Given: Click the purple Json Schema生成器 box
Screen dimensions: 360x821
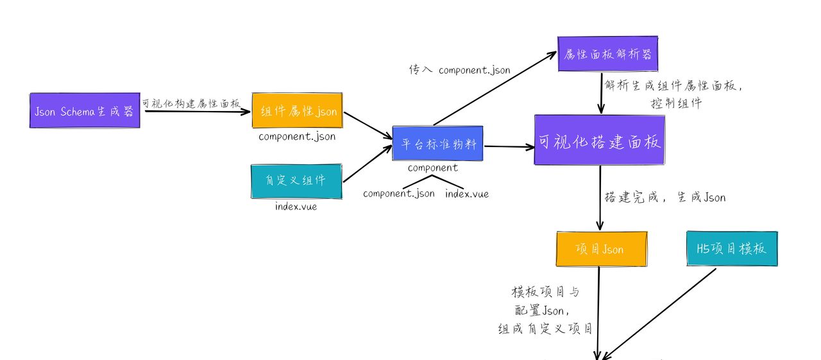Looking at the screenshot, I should (85, 110).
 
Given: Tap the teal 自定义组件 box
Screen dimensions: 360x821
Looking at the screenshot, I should (296, 180).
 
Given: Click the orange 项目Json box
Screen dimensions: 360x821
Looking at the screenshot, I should (599, 248).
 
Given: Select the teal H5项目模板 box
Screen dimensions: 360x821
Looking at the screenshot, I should (731, 248).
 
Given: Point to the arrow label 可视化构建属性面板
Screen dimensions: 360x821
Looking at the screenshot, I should (191, 103).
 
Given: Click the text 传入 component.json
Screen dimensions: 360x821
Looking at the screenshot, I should (459, 70).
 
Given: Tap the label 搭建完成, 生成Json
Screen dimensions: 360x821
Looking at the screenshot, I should (664, 197).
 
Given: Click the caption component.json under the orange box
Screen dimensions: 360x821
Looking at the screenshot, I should (297, 137).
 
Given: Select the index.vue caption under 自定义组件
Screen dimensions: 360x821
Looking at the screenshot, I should (296, 207).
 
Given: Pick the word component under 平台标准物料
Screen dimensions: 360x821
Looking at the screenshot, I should (433, 168).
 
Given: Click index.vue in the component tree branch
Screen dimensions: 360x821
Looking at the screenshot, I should (467, 194).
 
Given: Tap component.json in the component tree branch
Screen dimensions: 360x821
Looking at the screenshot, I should (398, 194).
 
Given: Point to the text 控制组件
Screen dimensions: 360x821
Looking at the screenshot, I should (675, 102).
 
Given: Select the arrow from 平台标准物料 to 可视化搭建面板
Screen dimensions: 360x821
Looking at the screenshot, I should (509, 146).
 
